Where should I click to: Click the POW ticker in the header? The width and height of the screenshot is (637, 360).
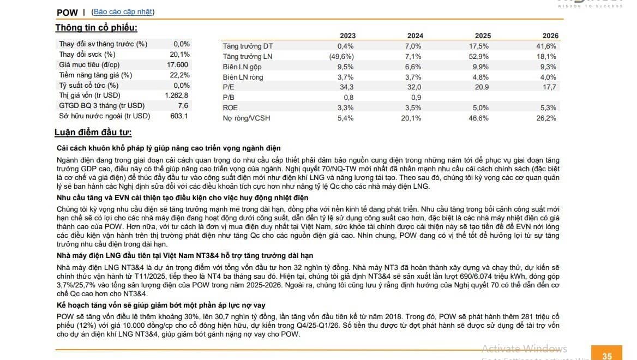click(x=67, y=13)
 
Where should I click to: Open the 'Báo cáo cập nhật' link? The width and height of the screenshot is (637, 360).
click(x=123, y=12)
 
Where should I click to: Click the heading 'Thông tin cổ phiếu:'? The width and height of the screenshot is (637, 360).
click(x=97, y=28)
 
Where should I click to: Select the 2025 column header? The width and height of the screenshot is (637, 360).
click(x=483, y=36)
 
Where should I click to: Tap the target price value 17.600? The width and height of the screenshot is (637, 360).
click(x=177, y=64)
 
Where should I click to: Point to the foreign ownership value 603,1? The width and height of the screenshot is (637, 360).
click(x=179, y=116)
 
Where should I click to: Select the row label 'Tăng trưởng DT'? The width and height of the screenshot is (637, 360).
click(x=248, y=46)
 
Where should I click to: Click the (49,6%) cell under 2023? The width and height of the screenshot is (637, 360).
click(x=341, y=57)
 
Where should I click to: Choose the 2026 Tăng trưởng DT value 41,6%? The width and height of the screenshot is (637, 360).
click(x=546, y=46)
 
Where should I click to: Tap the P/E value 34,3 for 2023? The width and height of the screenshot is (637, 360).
click(x=346, y=87)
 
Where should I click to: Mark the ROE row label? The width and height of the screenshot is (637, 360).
click(x=230, y=107)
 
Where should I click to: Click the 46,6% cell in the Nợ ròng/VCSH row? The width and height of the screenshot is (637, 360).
click(x=478, y=118)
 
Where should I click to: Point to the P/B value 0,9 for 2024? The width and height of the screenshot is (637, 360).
click(x=416, y=98)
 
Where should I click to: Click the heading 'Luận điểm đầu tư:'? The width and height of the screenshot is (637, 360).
click(x=93, y=133)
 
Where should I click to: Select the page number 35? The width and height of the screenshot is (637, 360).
click(x=607, y=356)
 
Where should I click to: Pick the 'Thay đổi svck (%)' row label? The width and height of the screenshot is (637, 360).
click(x=87, y=55)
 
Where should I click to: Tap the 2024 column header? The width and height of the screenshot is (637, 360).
click(x=415, y=36)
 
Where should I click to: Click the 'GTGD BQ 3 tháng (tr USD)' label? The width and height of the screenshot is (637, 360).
click(x=101, y=106)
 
